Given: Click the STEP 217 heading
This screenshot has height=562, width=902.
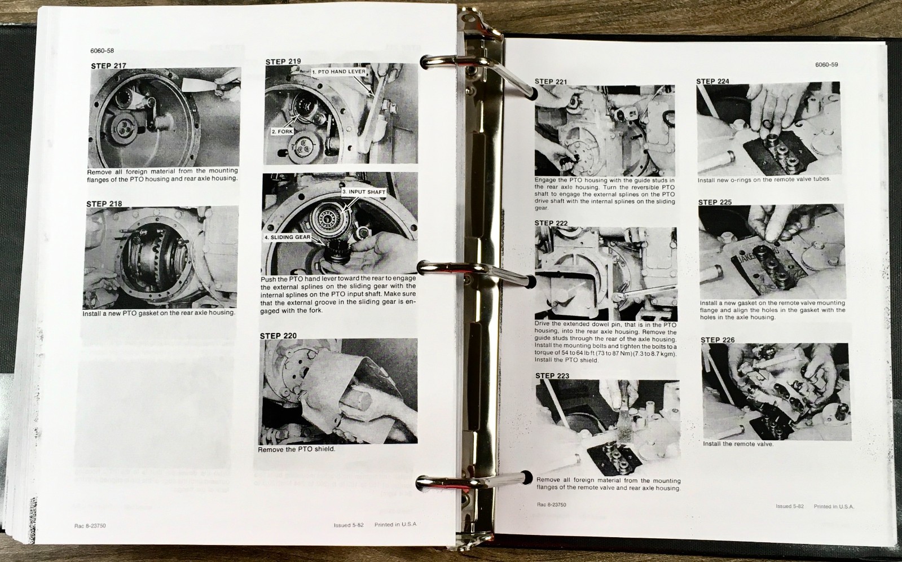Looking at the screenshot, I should point(108,66).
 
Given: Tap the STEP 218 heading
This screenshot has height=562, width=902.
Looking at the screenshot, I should point(104,204).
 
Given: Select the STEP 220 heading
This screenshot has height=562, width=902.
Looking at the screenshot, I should point(278,336).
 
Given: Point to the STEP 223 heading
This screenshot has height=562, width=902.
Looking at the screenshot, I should point(552,376).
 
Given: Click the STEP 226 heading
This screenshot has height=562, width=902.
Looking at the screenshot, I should point(718,340).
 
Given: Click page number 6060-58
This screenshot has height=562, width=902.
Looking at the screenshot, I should point(102,51).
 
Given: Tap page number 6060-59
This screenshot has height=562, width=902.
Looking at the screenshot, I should point(826,65).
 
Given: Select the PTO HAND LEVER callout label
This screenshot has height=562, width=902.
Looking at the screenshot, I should point(339,72).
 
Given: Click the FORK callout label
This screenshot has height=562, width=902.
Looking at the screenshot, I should point(282,131).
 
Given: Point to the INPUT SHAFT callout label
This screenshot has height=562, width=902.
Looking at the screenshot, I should point(364,192).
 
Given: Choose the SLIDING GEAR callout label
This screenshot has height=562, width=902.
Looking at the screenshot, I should point(288,237).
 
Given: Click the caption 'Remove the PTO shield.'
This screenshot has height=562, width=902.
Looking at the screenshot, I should point(296,449).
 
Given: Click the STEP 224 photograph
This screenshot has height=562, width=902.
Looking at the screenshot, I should point(768,129).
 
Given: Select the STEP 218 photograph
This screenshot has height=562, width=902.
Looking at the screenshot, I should point(161,257).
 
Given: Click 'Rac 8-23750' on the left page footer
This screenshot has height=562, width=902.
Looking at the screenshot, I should point(90,526).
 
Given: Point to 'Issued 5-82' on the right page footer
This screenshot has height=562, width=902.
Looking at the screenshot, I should point(790,506).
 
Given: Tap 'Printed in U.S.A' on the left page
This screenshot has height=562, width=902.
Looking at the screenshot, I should point(395,524).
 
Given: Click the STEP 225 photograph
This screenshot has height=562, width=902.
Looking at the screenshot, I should point(771,252).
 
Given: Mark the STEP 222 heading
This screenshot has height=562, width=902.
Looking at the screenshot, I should point(551,223).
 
